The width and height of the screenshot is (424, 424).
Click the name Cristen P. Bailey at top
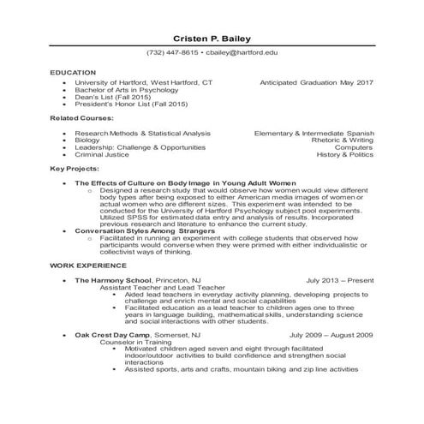pyautogui.click(x=212, y=38)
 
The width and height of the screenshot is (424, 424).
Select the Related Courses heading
pyautogui.click(x=79, y=120)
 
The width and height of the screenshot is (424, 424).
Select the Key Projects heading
pyautogui.click(x=73, y=170)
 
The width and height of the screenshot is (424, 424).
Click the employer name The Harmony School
pyautogui.click(x=113, y=281)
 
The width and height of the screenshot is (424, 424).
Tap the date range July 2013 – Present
pyautogui.click(x=340, y=281)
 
